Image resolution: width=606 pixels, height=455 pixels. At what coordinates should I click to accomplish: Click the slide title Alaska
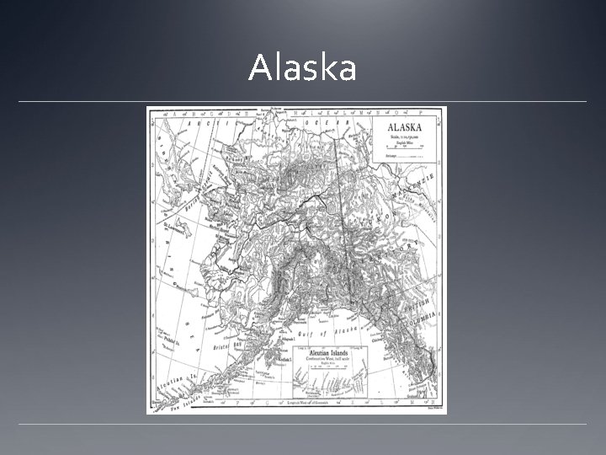[302, 68]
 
